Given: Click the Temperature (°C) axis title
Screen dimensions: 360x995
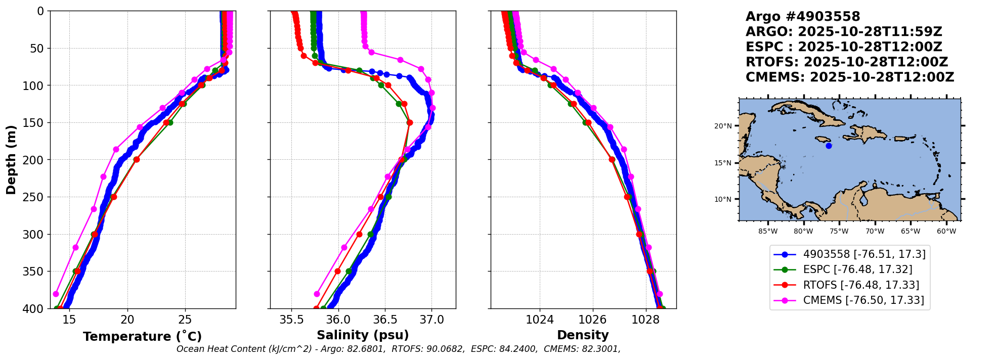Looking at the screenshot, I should click(142, 336).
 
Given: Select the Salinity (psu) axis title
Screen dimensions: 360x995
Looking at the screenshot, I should click(363, 335).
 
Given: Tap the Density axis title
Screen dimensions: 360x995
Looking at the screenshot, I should click(583, 335).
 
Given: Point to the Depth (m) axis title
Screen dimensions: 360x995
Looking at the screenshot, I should click(11, 160).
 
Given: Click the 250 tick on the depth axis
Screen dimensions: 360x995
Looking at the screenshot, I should click(35, 197).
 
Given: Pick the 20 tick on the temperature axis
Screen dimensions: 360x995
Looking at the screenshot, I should click(127, 320).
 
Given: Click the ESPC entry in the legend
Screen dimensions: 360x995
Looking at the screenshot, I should click(857, 269).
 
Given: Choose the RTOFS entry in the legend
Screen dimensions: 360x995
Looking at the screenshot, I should click(861, 285).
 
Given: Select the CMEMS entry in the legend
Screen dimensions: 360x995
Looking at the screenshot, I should click(863, 300).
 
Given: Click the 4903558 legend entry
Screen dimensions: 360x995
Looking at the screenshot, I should click(864, 254).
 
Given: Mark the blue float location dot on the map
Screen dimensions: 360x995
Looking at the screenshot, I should click(829, 146).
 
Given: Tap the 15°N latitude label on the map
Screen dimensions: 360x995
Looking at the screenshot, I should click(723, 163).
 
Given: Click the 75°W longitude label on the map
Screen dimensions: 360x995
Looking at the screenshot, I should click(839, 232).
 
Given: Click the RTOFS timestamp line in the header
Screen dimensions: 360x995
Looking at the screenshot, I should click(846, 62).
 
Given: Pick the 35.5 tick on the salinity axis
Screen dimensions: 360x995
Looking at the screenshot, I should click(292, 320).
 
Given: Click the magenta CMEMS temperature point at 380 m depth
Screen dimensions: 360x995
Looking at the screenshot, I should click(56, 294).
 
